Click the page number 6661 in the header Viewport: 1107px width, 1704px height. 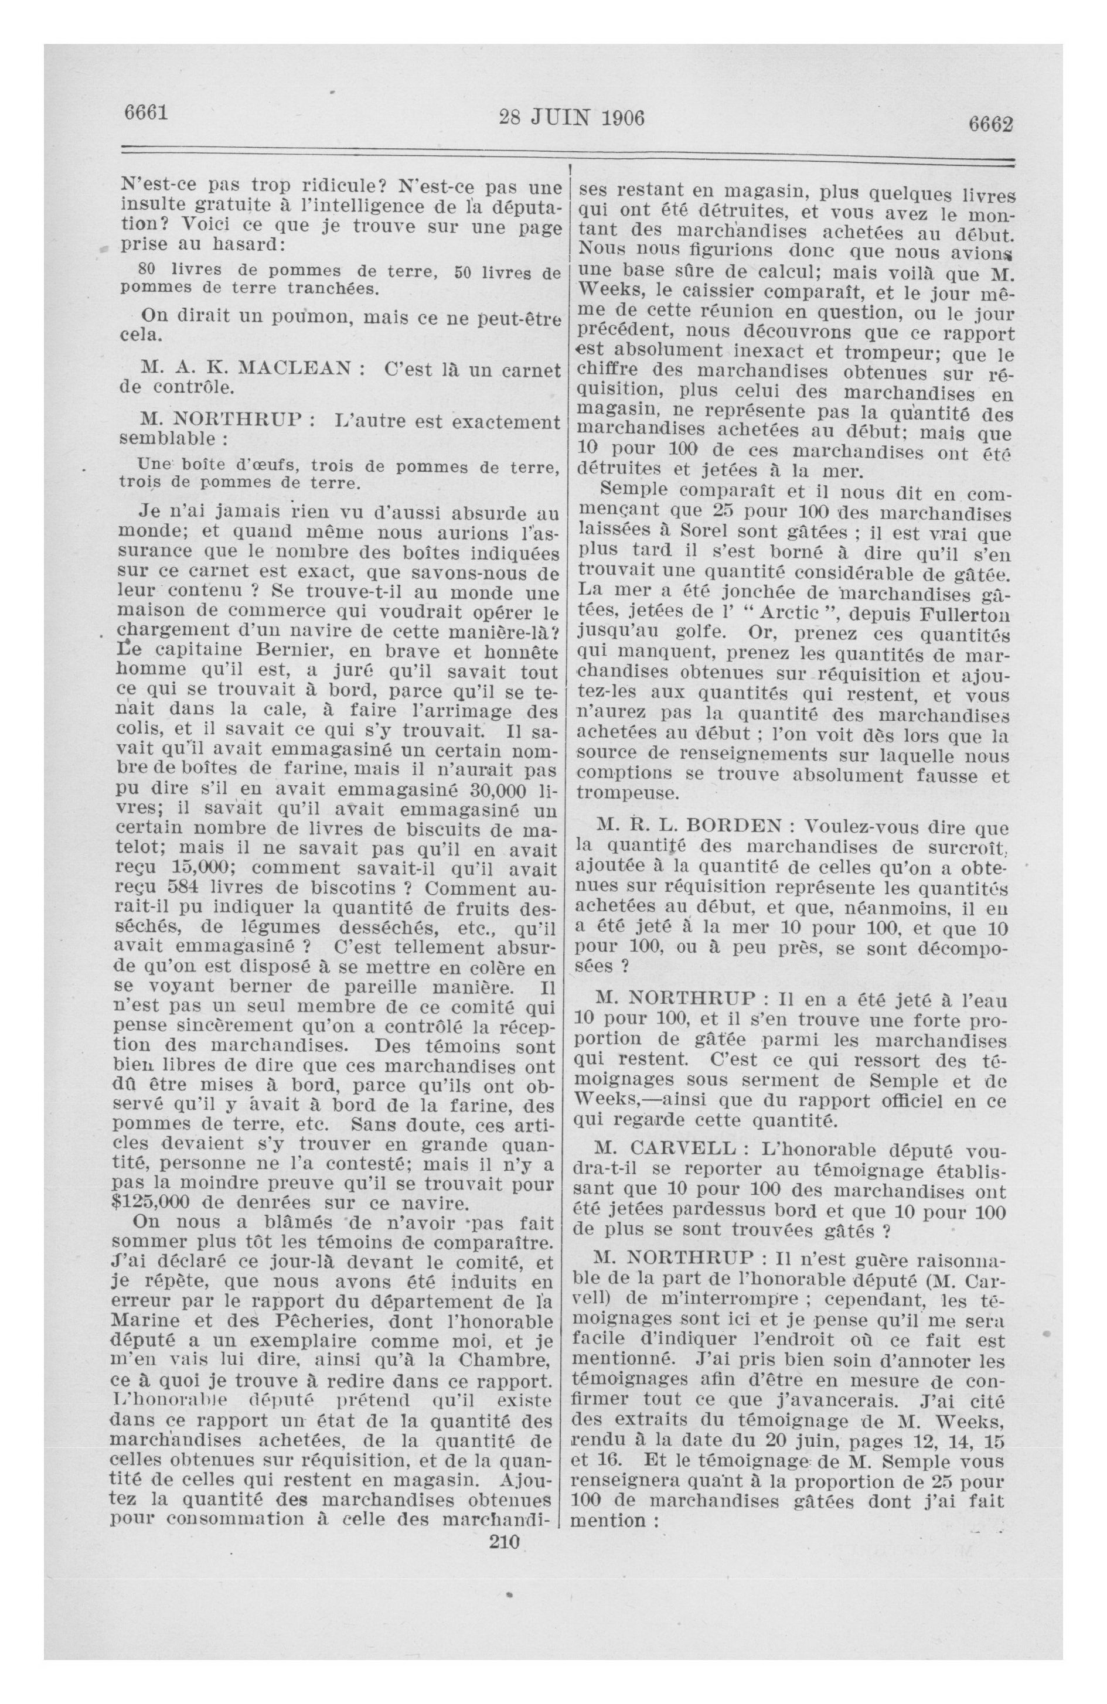[145, 113]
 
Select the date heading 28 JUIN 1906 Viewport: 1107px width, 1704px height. [571, 117]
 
